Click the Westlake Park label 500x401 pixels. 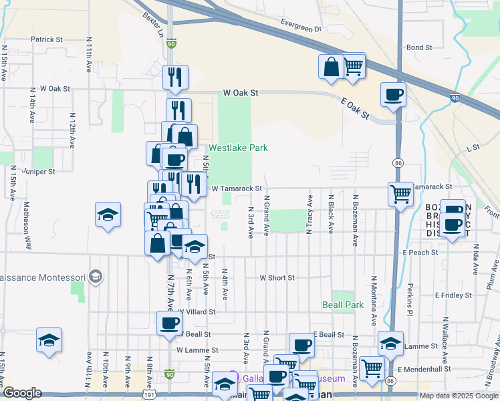(238, 148)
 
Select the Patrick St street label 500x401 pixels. (46, 39)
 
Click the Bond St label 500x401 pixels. (420, 47)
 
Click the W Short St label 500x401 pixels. (277, 277)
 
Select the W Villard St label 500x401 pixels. (196, 311)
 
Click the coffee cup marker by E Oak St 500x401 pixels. (393, 94)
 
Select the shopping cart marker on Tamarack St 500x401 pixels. (400, 194)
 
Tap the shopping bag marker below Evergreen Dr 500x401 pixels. (332, 67)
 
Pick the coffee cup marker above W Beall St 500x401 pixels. (168, 323)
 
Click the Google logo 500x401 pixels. (23, 394)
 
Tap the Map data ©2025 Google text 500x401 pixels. (459, 396)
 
